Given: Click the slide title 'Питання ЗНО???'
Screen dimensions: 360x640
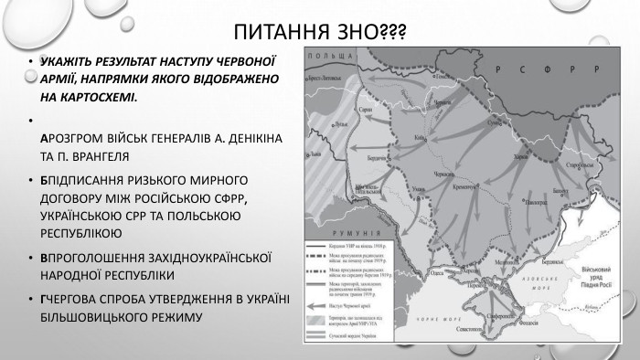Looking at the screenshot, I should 320,33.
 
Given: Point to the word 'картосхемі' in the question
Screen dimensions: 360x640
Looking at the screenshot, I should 90,96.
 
